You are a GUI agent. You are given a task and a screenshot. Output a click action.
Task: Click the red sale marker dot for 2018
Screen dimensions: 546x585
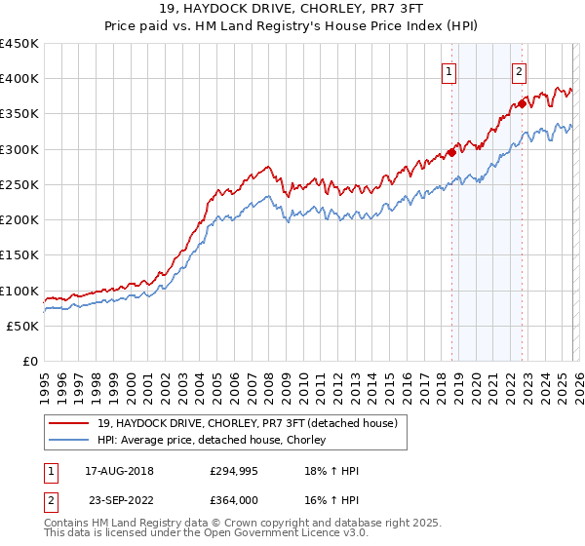[451, 152]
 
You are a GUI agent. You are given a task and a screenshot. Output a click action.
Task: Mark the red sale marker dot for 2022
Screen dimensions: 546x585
[522, 103]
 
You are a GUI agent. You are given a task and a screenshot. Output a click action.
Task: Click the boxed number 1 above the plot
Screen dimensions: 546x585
[448, 70]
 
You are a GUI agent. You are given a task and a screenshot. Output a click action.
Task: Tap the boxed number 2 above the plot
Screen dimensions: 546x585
[519, 70]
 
